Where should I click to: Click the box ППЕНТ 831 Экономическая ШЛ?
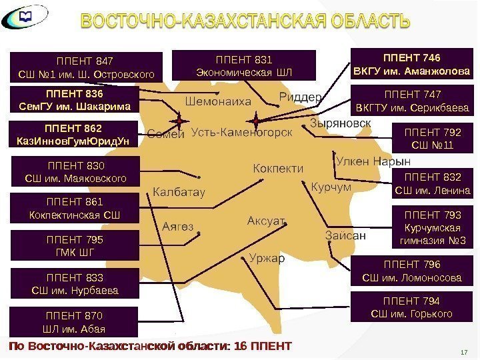tap(243, 64)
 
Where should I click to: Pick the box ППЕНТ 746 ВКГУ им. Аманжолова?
tap(410, 63)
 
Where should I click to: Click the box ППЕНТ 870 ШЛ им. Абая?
tap(73, 322)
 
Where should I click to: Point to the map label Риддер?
tap(301, 96)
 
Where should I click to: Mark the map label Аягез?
tap(178, 226)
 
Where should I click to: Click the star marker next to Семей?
tap(179, 120)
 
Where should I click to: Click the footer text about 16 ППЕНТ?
tap(150, 347)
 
